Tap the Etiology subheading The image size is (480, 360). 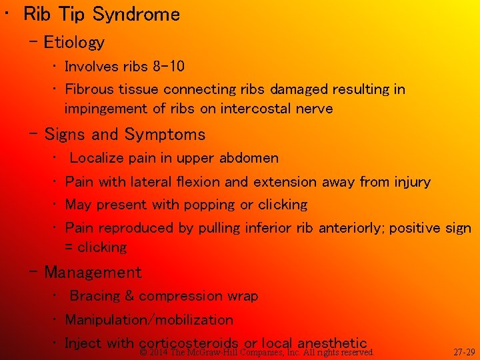[x=74, y=43]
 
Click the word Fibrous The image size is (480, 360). [x=88, y=89]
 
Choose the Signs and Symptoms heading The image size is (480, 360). [x=125, y=135]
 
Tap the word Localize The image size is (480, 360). [x=98, y=159]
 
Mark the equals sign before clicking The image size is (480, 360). [x=69, y=247]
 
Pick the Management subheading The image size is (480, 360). [x=93, y=273]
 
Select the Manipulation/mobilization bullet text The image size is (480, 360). [x=149, y=320]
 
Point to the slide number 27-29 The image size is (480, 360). [x=464, y=352]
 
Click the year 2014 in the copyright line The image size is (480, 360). [x=159, y=352]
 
